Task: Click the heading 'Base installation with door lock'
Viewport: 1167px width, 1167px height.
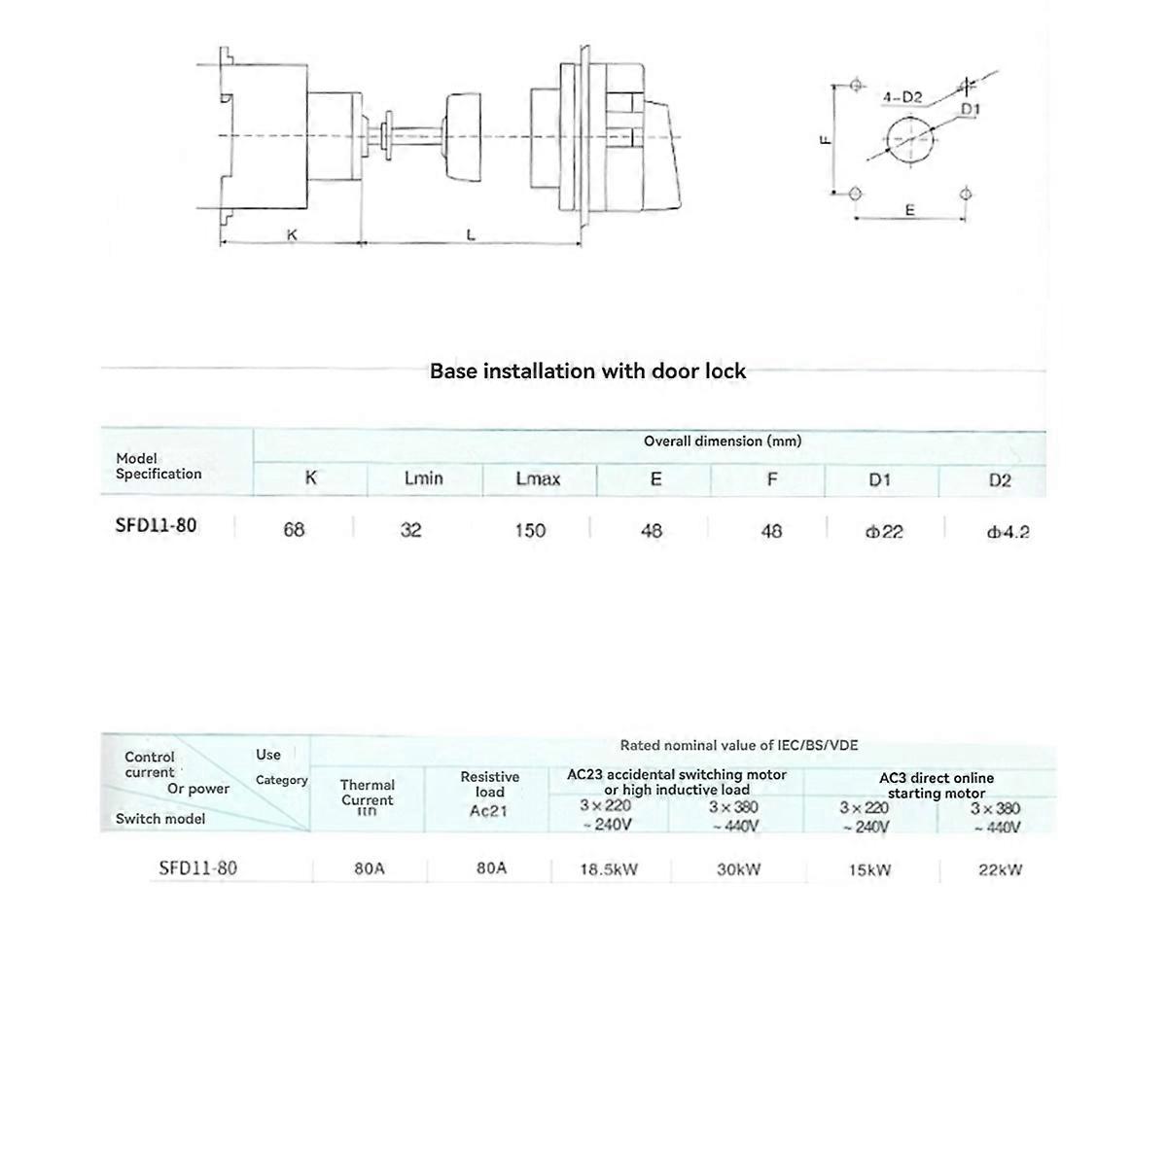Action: pyautogui.click(x=587, y=371)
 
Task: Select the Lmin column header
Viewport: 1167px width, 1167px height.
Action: pyautogui.click(x=423, y=478)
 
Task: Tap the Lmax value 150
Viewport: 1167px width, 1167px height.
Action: pyautogui.click(x=530, y=531)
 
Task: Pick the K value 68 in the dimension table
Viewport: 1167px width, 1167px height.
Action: pyautogui.click(x=294, y=530)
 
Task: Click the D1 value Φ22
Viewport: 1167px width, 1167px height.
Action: pyautogui.click(x=882, y=532)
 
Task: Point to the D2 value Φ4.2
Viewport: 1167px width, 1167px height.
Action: pyautogui.click(x=1007, y=532)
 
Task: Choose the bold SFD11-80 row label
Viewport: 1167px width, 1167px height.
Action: pyautogui.click(x=156, y=526)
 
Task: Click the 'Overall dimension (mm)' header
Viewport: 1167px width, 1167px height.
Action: pyautogui.click(x=723, y=442)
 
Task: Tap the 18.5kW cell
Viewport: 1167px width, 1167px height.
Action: pyautogui.click(x=609, y=869)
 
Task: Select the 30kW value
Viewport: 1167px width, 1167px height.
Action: pyautogui.click(x=738, y=869)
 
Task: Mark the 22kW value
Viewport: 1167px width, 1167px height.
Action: pyautogui.click(x=1000, y=869)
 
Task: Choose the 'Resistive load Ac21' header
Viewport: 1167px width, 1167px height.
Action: pyautogui.click(x=489, y=794)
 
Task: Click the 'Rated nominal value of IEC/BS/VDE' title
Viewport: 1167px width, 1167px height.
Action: pyautogui.click(x=739, y=746)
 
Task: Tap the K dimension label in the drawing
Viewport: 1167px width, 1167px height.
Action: pyautogui.click(x=291, y=234)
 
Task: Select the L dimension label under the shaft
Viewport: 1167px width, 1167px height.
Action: pyautogui.click(x=471, y=234)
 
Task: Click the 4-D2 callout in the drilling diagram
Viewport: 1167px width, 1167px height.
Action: pyautogui.click(x=902, y=98)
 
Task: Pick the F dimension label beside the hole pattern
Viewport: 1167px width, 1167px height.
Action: pyautogui.click(x=825, y=139)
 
